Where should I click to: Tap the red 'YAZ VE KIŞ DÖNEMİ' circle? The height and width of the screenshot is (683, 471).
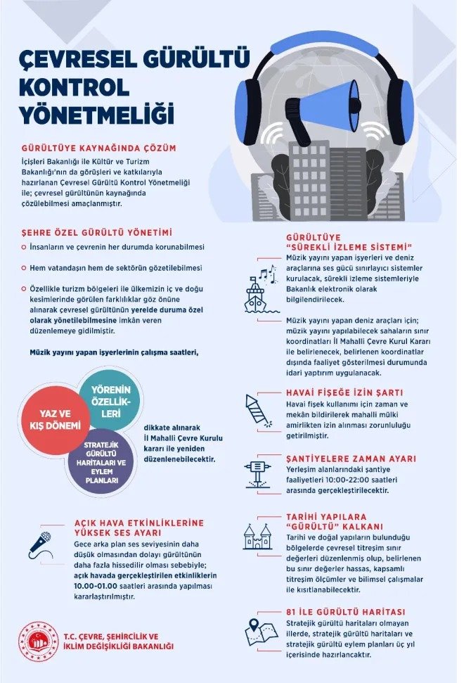click(x=60, y=420)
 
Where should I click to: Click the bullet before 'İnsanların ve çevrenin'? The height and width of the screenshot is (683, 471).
click(x=25, y=248)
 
